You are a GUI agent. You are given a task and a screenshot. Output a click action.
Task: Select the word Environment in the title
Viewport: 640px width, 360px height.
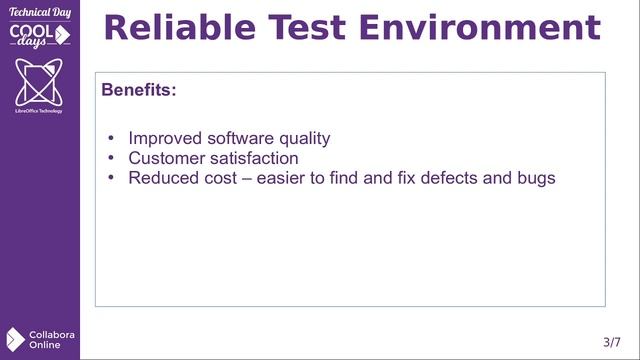[481, 28]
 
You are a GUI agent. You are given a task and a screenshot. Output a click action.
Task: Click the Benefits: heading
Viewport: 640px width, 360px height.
[139, 90]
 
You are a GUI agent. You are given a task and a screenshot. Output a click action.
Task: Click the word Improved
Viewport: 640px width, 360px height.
[165, 139]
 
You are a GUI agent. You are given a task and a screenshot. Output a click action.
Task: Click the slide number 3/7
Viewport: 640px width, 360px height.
[612, 342]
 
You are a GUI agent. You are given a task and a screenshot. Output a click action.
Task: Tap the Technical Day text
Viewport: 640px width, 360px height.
[39, 12]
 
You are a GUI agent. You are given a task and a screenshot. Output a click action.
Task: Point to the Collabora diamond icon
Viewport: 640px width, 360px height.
[15, 339]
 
